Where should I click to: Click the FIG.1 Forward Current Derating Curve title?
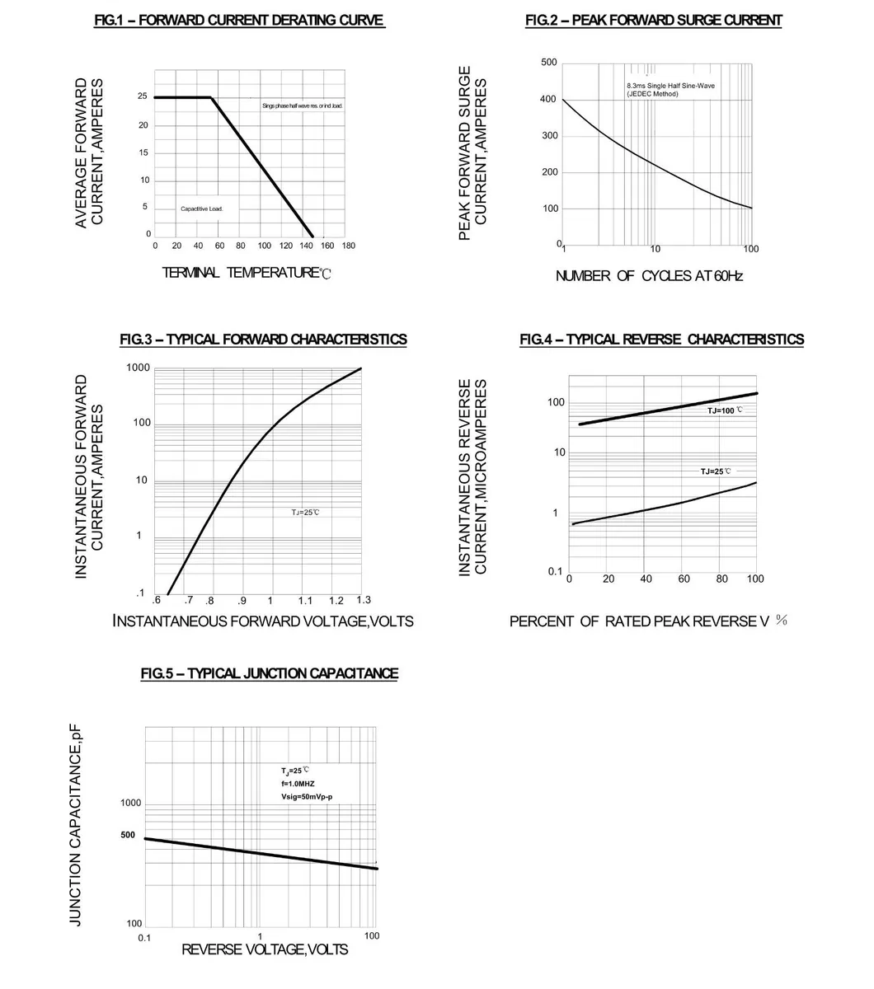(x=240, y=20)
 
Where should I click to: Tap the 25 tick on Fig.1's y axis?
(x=143, y=96)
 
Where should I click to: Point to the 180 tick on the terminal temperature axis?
(x=348, y=246)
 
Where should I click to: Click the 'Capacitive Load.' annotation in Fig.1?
(x=202, y=209)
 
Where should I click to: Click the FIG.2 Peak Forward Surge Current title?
(x=653, y=20)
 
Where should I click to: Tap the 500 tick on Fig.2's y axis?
(x=549, y=63)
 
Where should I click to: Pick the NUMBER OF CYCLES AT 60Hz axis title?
(x=649, y=276)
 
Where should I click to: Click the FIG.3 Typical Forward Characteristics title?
(x=263, y=340)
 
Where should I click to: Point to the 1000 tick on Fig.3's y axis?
(x=139, y=368)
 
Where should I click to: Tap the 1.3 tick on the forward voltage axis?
(x=364, y=599)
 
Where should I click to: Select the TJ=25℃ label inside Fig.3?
(x=305, y=512)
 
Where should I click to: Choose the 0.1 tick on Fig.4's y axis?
(x=555, y=571)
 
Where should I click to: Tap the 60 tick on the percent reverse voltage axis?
(x=684, y=579)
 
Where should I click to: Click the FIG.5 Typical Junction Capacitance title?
(x=269, y=673)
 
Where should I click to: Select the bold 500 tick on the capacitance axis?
(x=128, y=835)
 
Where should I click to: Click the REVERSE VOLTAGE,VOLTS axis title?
(x=265, y=950)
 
